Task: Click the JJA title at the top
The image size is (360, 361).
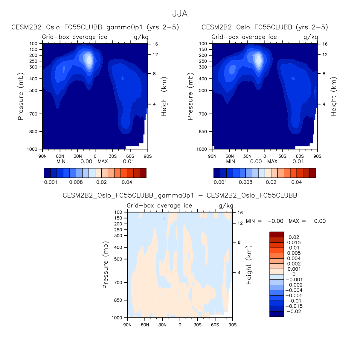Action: [180, 14]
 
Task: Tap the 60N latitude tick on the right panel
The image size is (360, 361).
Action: [230, 156]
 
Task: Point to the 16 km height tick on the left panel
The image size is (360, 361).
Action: [155, 44]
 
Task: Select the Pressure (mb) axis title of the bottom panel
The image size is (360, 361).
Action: [105, 265]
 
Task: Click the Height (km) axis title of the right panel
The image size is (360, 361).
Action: [334, 96]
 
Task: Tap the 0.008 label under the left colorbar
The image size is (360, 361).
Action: [76, 182]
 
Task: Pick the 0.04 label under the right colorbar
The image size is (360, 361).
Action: [297, 182]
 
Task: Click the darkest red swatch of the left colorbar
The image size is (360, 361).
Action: [143, 173]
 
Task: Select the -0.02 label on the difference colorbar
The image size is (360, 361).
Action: [294, 312]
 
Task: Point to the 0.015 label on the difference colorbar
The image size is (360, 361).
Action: [294, 243]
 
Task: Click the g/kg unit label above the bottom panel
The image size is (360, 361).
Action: [226, 206]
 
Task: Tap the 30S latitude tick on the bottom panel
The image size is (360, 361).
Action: [197, 325]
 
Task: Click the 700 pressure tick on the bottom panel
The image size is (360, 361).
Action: [118, 283]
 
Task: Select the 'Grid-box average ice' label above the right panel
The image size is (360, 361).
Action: [244, 37]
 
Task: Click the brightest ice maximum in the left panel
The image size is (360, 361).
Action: [89, 59]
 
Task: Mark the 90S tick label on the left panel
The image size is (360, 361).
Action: [147, 156]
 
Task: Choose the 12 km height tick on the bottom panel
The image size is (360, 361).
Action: [240, 223]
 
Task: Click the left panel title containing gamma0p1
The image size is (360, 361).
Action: [95, 27]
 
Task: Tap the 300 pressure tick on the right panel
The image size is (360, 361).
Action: [203, 67]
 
